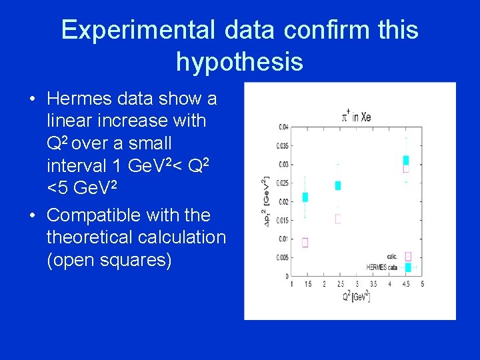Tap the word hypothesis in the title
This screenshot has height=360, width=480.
pos(239,62)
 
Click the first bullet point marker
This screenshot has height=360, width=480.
pos(32,99)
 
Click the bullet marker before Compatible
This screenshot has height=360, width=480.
pos(32,215)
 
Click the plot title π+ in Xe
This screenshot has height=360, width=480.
pos(356,117)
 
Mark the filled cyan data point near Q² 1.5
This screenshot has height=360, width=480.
pos(305,197)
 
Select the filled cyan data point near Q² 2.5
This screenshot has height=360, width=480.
pos(338,185)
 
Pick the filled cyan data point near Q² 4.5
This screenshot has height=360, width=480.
pos(406,160)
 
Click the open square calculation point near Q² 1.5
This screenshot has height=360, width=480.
pos(305,243)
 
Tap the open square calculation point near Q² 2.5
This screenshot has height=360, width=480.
pos(338,219)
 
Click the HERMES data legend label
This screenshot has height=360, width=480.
pos(381,267)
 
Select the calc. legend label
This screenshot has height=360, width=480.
pos(392,256)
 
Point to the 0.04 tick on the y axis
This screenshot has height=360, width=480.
pos(283,127)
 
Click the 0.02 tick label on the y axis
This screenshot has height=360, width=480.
pos(283,201)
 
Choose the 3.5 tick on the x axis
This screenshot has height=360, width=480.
pos(373,285)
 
